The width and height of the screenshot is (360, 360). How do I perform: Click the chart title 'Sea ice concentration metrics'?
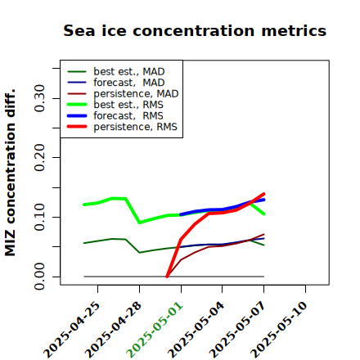(x=195, y=30)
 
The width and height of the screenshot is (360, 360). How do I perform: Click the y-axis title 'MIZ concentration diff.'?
(x=10, y=173)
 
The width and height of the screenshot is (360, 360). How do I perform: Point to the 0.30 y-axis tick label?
(x=39, y=98)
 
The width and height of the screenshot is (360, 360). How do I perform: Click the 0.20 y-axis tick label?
(x=39, y=157)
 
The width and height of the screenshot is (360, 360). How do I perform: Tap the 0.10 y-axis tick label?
(x=39, y=217)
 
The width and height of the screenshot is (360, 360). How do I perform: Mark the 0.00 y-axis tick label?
(x=39, y=277)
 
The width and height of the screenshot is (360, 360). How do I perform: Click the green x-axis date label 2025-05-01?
(x=155, y=330)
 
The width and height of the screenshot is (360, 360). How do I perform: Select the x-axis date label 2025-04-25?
(x=71, y=330)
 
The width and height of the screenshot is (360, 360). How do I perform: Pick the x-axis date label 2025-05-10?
(x=279, y=330)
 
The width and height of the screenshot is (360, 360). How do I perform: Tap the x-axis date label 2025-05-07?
(x=237, y=330)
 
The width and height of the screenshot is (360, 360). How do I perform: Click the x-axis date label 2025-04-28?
(x=113, y=330)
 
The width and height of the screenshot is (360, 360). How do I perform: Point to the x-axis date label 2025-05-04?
(x=196, y=330)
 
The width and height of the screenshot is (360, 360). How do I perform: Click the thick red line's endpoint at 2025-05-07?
(x=263, y=194)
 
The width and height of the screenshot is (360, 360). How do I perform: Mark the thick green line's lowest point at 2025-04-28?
(x=140, y=223)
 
